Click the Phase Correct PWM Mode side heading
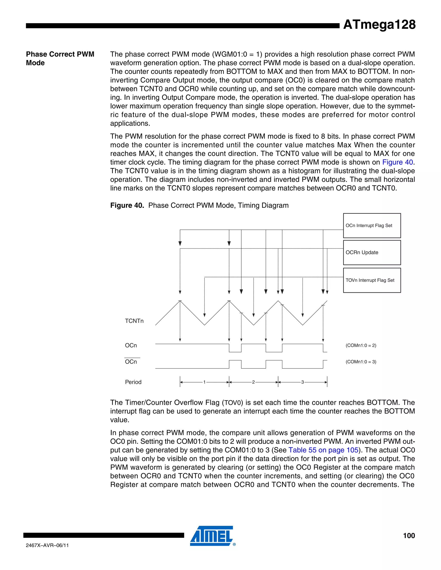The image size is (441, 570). (60, 58)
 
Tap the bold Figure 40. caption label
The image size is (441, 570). (127, 205)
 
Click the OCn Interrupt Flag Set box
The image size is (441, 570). (372, 225)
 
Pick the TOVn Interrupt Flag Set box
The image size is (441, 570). (372, 280)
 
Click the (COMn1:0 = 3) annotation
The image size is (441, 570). (361, 362)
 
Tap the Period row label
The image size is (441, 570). (133, 382)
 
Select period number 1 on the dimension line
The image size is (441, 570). (205, 382)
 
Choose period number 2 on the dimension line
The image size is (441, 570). (253, 382)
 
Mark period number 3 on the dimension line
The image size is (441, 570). (303, 382)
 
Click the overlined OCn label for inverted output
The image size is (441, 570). (131, 362)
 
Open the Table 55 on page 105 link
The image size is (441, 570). (323, 450)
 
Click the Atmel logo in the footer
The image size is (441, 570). (212, 536)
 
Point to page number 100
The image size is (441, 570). (409, 536)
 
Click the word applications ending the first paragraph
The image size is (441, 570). (130, 123)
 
